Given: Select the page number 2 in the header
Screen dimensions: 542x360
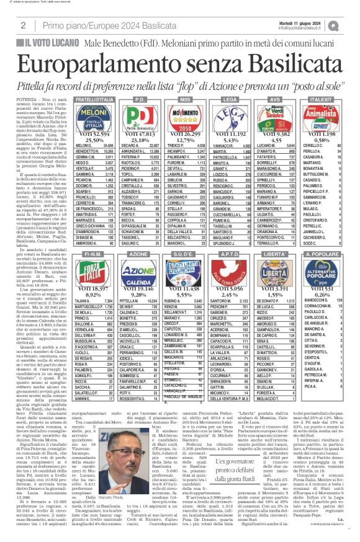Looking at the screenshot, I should (14, 24).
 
